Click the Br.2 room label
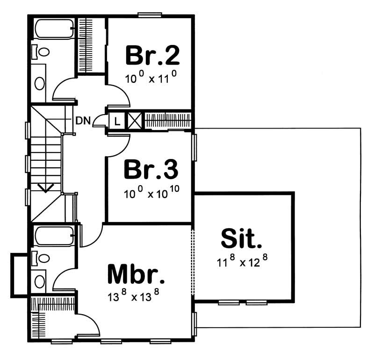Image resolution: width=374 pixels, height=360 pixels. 152,56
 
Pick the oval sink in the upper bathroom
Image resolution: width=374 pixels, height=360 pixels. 40,83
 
